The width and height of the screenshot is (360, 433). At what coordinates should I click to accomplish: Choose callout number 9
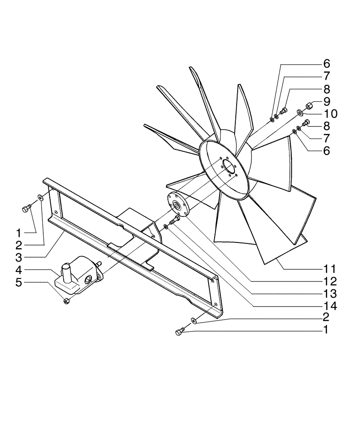pyautogui.click(x=327, y=102)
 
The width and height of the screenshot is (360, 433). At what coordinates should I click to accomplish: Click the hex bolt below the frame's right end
pyautogui.click(x=179, y=332)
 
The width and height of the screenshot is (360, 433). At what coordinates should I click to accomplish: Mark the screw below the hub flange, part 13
pyautogui.click(x=175, y=220)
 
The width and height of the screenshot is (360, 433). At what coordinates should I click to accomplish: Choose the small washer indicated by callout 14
pyautogui.click(x=167, y=227)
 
